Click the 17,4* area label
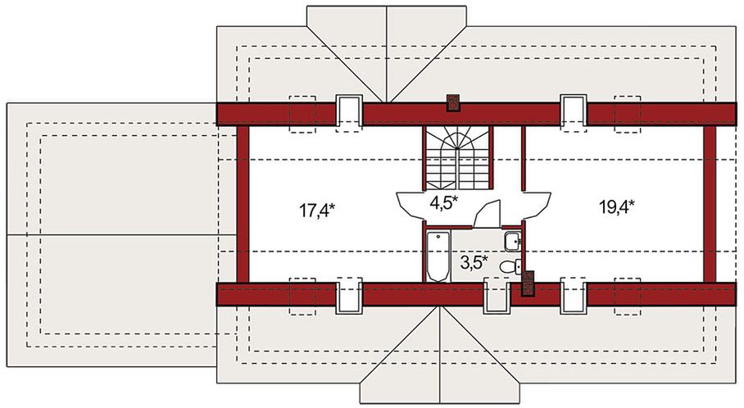(x=317, y=210)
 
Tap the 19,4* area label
(x=617, y=206)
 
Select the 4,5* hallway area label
(x=443, y=202)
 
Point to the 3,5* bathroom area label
(x=474, y=262)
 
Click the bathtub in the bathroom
(x=438, y=256)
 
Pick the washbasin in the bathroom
(x=513, y=241)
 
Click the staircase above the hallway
(x=457, y=158)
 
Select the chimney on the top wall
(x=454, y=102)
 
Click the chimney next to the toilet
(x=528, y=283)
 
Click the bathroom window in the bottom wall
(x=497, y=297)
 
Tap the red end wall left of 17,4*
(x=243, y=205)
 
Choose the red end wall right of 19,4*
(x=710, y=205)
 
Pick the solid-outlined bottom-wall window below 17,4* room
(x=349, y=297)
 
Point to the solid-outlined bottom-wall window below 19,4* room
(x=574, y=297)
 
